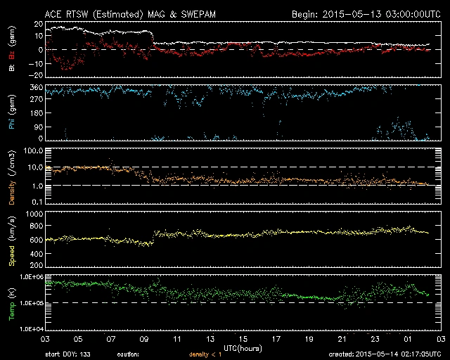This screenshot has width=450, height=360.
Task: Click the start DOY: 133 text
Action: [x=70, y=354]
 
